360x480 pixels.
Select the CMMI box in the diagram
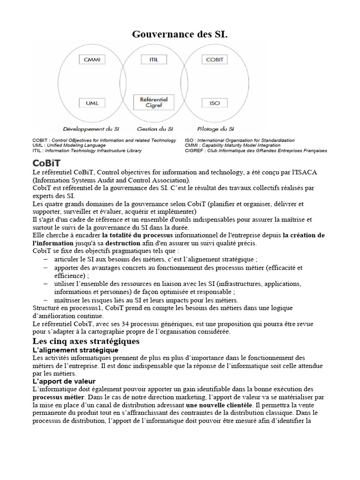pyautogui.click(x=92, y=60)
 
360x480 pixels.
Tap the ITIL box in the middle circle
pyautogui.click(x=153, y=60)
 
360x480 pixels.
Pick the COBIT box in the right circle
pyautogui.click(x=214, y=60)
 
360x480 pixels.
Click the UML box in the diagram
pyautogui.click(x=92, y=103)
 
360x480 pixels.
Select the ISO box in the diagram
pyautogui.click(x=214, y=103)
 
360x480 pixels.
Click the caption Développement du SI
pyautogui.click(x=91, y=128)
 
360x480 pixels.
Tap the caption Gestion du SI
pyautogui.click(x=155, y=128)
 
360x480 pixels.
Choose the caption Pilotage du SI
pyautogui.click(x=216, y=128)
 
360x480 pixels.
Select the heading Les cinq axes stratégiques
pyautogui.click(x=86, y=341)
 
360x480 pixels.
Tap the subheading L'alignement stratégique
pyautogui.click(x=75, y=350)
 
